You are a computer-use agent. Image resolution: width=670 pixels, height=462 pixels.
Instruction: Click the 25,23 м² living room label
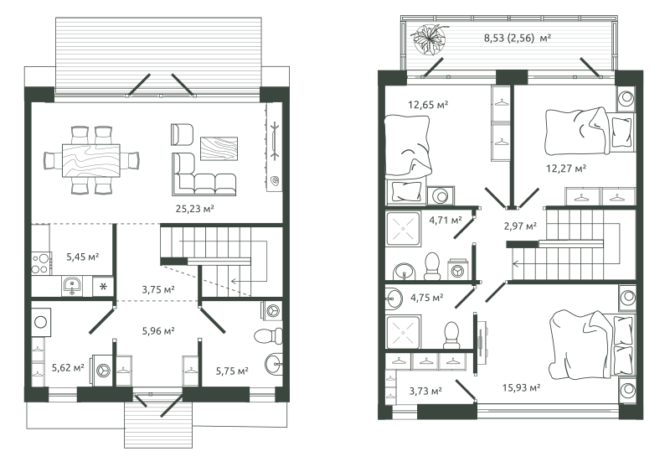click(x=194, y=209)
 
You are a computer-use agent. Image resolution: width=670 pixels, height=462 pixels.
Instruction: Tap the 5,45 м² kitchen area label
click(x=82, y=257)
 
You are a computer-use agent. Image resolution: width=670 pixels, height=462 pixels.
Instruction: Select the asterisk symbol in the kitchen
click(x=103, y=286)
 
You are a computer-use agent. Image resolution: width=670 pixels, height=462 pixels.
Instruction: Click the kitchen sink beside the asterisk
click(x=72, y=286)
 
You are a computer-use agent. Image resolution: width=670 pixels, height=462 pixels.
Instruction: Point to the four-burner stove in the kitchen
click(x=41, y=263)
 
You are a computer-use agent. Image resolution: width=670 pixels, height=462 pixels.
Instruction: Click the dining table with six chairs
click(x=91, y=160)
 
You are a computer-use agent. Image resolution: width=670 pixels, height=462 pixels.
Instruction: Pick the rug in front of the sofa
click(x=219, y=148)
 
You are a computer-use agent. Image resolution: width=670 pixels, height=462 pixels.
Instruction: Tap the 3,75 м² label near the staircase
click(x=158, y=289)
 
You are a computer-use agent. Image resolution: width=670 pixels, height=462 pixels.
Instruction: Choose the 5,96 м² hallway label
click(x=158, y=330)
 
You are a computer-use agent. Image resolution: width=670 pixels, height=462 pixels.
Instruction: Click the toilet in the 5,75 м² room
click(x=268, y=335)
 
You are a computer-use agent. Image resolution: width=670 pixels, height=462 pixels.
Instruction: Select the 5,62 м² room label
click(x=68, y=367)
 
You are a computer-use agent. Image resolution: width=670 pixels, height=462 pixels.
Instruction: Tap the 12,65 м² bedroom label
click(x=428, y=104)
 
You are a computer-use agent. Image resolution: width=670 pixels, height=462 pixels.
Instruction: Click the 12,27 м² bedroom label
click(x=566, y=169)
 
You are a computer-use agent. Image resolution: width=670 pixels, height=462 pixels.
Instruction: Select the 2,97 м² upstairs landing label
click(x=520, y=226)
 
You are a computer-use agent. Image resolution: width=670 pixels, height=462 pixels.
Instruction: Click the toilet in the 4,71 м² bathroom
click(x=432, y=266)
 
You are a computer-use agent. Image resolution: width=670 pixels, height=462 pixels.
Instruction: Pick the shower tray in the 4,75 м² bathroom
click(x=404, y=333)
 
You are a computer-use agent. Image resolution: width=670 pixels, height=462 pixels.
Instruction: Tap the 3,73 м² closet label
click(x=425, y=391)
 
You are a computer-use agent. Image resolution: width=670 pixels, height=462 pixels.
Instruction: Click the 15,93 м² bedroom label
click(x=521, y=387)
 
